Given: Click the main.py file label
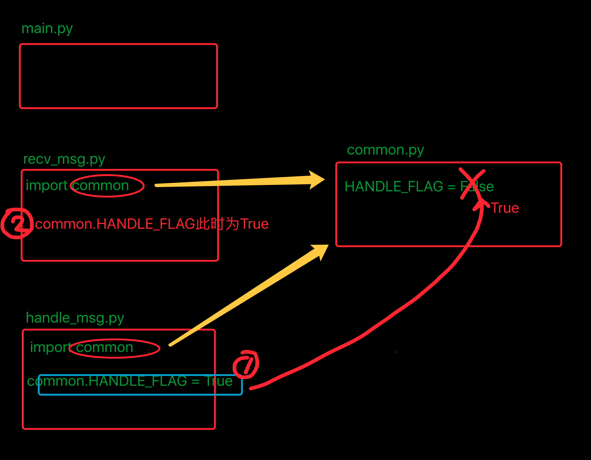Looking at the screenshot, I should [47, 29].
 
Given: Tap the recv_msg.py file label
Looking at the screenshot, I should [64, 159].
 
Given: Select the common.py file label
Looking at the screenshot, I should [385, 150].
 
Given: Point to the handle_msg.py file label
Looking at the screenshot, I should [75, 318].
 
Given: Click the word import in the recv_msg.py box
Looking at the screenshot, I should [46, 186].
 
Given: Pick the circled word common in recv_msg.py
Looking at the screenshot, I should [101, 186].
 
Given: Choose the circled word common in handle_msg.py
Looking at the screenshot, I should [105, 347].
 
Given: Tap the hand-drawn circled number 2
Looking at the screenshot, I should [17, 223].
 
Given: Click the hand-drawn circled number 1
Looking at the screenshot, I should [246, 364].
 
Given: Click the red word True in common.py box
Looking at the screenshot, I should [505, 208].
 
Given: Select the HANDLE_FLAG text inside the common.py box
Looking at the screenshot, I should [394, 186].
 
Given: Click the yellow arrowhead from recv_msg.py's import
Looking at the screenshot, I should [317, 180].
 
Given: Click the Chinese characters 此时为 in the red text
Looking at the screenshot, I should [217, 224].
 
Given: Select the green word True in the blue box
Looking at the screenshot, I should [219, 381].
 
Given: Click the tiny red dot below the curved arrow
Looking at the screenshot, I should [396, 352].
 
